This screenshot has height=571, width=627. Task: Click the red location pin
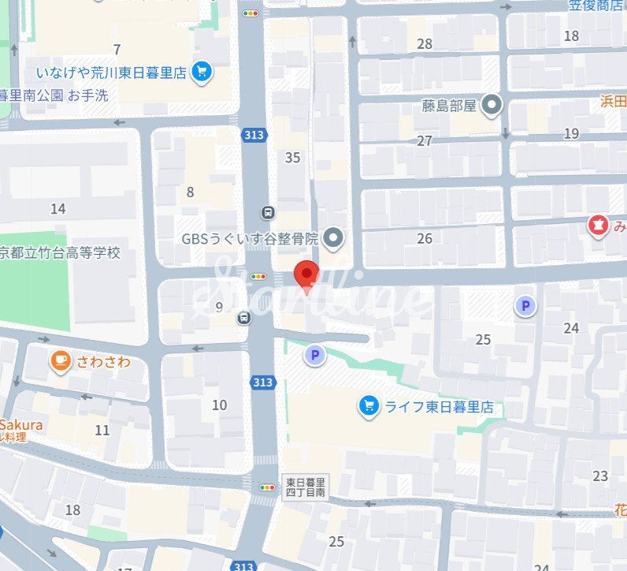click(x=306, y=274)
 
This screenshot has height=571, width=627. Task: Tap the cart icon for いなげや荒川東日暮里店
click(x=202, y=73)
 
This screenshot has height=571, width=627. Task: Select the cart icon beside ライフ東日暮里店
click(x=367, y=406)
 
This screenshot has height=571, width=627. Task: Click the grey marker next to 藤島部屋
click(x=493, y=104)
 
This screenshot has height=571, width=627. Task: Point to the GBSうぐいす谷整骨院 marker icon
click(x=334, y=237)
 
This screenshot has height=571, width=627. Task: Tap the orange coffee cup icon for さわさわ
click(x=60, y=361)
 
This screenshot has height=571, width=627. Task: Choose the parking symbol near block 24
click(x=525, y=306)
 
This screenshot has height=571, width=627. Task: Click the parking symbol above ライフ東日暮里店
click(x=315, y=356)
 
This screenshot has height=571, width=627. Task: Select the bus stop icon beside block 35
click(x=269, y=212)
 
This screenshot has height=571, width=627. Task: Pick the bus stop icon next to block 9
click(x=244, y=318)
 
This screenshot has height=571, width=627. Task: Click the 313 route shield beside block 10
click(x=263, y=383)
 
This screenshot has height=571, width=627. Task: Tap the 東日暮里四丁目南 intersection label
click(x=305, y=487)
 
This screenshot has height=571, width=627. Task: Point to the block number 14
click(x=58, y=209)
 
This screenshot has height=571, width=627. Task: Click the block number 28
click(x=425, y=43)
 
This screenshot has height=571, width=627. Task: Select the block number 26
click(x=425, y=238)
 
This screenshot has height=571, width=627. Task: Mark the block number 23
click(x=600, y=476)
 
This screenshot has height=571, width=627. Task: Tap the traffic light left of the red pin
click(x=258, y=276)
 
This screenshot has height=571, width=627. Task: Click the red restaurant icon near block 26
click(x=598, y=227)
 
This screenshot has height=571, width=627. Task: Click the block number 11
click(x=102, y=430)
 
